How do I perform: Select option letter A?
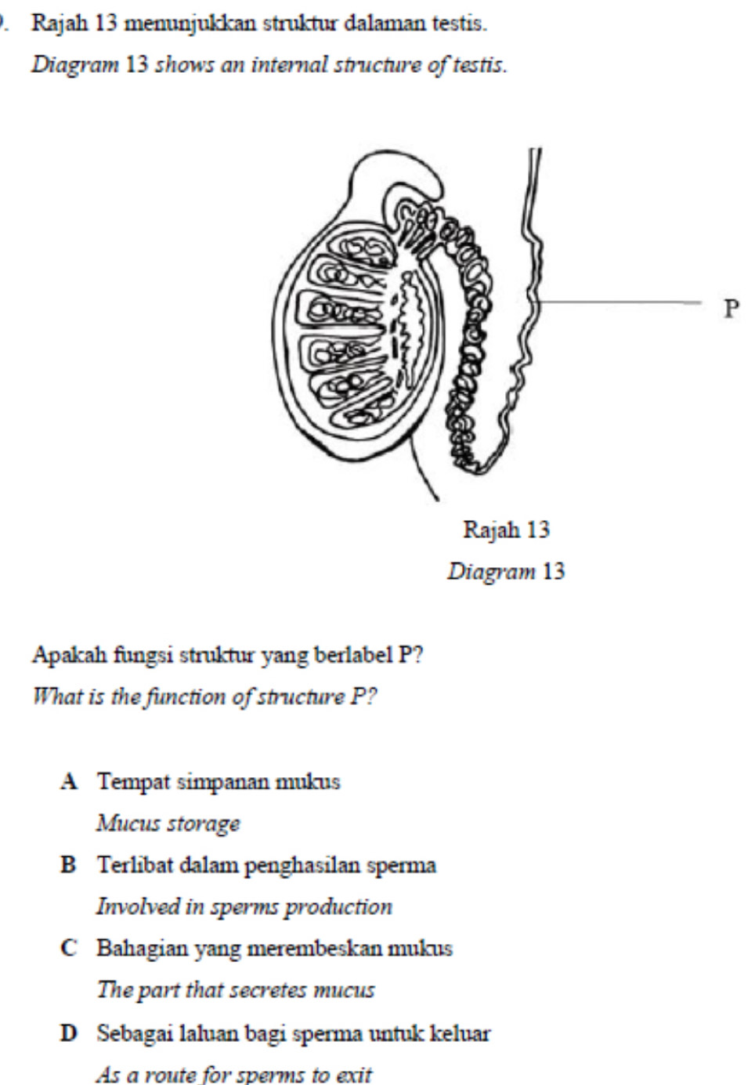(70, 782)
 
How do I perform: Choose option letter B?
(70, 866)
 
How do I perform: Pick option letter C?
(70, 949)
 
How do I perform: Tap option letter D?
(70, 1033)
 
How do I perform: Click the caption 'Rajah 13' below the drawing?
(507, 530)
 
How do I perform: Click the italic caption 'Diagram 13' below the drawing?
(506, 571)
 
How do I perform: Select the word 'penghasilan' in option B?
(293, 866)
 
